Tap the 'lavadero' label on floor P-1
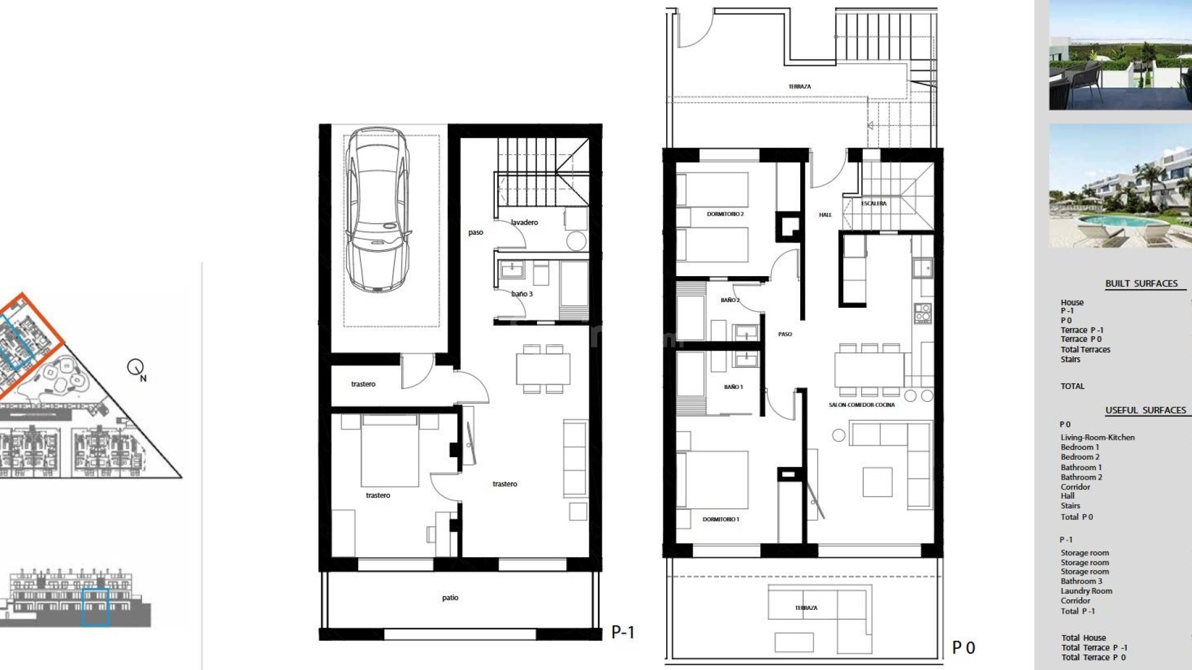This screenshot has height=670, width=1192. pos(525,222)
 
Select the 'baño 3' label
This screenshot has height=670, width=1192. pos(521,294)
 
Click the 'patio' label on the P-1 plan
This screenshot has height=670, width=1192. pos(450,598)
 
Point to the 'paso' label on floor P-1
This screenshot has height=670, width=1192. pos(476,233)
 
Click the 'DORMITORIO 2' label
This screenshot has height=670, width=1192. pos(725,214)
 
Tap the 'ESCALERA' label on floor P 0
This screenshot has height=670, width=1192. pos(874,203)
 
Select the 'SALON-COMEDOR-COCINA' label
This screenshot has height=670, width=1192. pos(862,405)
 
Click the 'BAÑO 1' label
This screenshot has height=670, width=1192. pos(733,387)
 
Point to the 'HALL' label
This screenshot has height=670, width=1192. pos(825,215)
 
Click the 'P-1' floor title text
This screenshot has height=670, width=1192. pos(623,632)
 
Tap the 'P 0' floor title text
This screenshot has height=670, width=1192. pos(964,648)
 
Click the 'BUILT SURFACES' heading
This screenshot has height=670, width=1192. pos(1141,284)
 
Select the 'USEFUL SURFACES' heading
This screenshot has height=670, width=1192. pos(1145,410)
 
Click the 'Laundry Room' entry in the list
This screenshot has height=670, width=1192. pos(1086,591)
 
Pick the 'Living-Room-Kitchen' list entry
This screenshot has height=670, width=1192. pos(1097,437)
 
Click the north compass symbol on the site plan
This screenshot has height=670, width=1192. pos(136,368)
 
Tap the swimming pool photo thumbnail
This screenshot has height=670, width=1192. pos(1120,185)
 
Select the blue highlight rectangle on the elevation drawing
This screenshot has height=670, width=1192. pos(96,607)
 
